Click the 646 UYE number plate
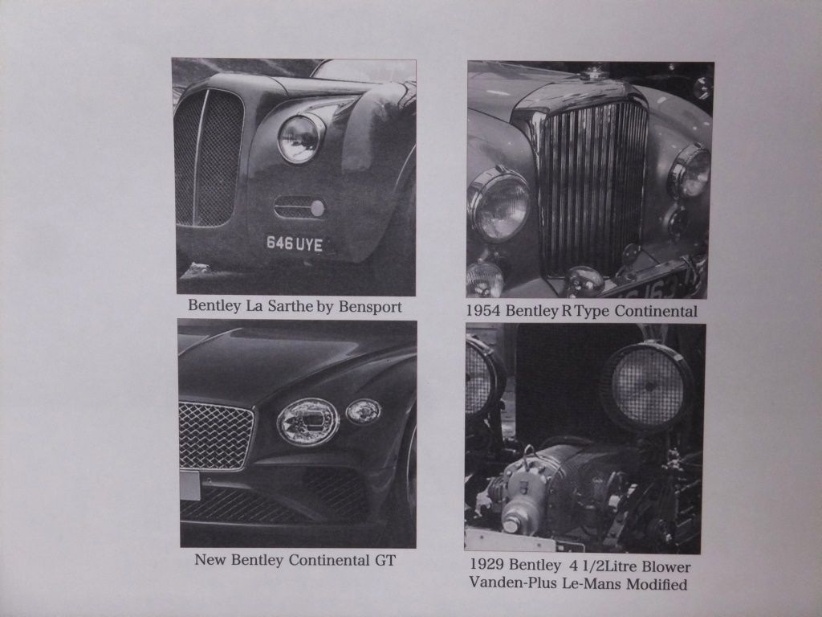point(294,243)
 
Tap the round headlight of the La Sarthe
point(300,138)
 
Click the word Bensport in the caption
point(370,306)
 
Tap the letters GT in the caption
point(385,560)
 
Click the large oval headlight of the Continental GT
point(307,422)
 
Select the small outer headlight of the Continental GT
point(364,411)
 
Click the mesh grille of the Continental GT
point(216,435)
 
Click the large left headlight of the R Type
point(498,206)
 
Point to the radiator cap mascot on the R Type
point(593,72)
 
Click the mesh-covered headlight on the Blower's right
point(647,386)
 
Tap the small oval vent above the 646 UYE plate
point(299,208)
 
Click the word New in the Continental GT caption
point(211,560)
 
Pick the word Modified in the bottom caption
point(657,584)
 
